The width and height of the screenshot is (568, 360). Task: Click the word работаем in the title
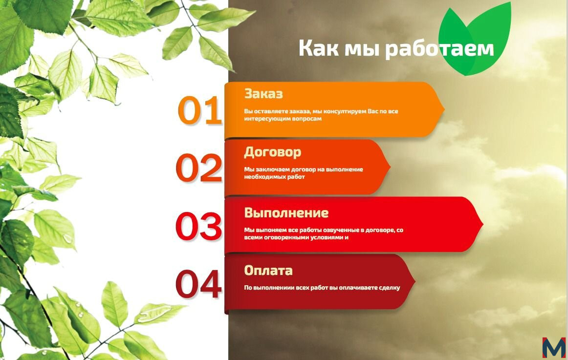click(x=439, y=48)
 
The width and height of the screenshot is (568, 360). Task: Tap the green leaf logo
click(x=475, y=39)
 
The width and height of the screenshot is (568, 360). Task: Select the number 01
click(x=199, y=110)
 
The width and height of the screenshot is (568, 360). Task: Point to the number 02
click(x=199, y=168)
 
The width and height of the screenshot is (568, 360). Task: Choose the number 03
click(x=198, y=226)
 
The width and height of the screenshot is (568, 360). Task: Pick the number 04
click(x=198, y=284)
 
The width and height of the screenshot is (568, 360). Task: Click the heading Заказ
click(x=263, y=93)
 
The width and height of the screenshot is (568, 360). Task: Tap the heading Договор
click(x=272, y=152)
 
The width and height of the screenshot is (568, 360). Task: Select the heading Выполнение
click(x=286, y=212)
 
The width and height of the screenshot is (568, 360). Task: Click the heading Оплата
click(x=268, y=270)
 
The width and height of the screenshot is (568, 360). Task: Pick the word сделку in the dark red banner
click(x=390, y=288)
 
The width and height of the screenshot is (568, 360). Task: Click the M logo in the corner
click(x=553, y=348)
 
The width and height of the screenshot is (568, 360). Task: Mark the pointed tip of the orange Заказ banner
click(x=444, y=109)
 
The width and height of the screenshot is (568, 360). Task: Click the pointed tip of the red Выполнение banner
click(x=483, y=224)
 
